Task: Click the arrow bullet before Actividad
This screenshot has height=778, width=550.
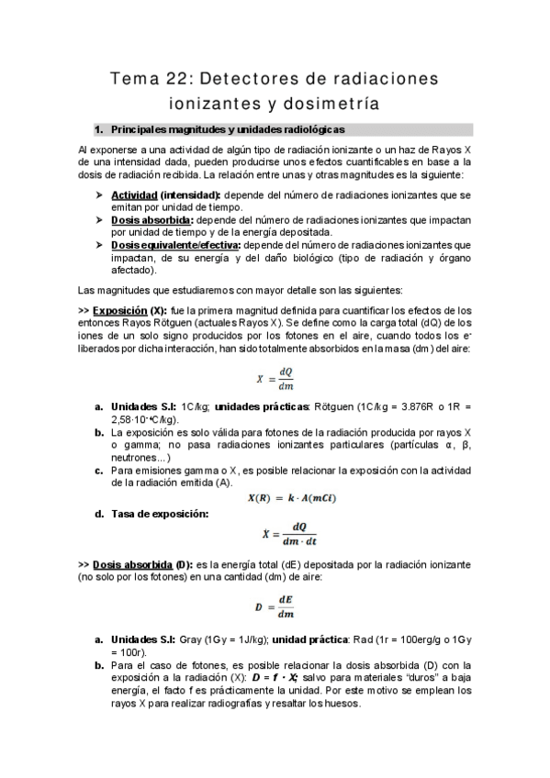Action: [x=98, y=196]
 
